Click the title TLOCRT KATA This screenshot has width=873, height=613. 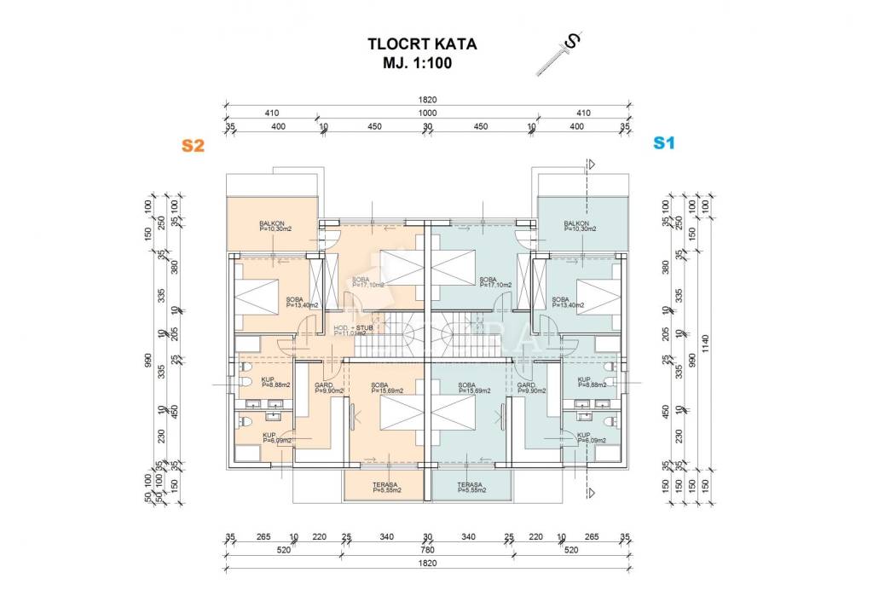click(421, 44)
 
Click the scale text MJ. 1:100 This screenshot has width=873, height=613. click(418, 63)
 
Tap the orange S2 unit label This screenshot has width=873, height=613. click(194, 145)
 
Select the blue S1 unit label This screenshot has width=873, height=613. click(663, 143)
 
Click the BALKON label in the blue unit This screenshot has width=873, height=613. click(579, 226)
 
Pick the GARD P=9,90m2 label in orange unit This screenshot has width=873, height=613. click(328, 388)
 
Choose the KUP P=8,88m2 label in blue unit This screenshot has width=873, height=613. click(592, 382)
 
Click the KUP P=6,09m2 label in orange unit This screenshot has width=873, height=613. click(277, 437)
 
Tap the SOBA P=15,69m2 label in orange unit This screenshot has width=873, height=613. click(385, 388)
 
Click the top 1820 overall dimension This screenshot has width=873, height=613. click(427, 100)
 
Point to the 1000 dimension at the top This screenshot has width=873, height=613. click(427, 113)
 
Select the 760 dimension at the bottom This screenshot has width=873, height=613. click(427, 550)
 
